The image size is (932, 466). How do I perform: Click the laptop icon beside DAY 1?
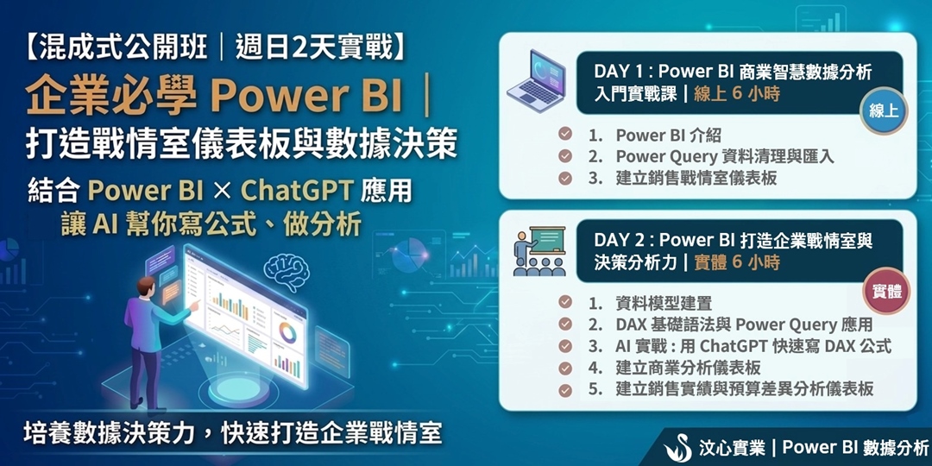coord(535,80)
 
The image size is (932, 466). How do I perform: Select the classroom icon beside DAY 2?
coord(539,251)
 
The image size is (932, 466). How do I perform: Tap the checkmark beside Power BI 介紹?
coord(565,135)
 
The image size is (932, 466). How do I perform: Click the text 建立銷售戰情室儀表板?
coord(696,179)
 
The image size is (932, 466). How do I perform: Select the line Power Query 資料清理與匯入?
coord(725,156)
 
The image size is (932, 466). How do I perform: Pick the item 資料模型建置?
coord(664,303)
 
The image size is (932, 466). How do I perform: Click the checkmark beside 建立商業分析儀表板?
coord(565,368)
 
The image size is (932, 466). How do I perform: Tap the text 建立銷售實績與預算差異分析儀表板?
coord(745,389)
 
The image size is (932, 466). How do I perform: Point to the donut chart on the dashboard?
coord(287,332)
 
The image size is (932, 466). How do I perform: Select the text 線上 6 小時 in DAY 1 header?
coord(736,94)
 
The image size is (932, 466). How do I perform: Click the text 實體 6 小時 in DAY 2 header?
coord(736,262)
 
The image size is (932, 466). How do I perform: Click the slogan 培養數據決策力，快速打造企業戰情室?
coord(233,432)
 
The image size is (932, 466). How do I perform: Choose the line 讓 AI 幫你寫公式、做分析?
coord(211,225)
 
